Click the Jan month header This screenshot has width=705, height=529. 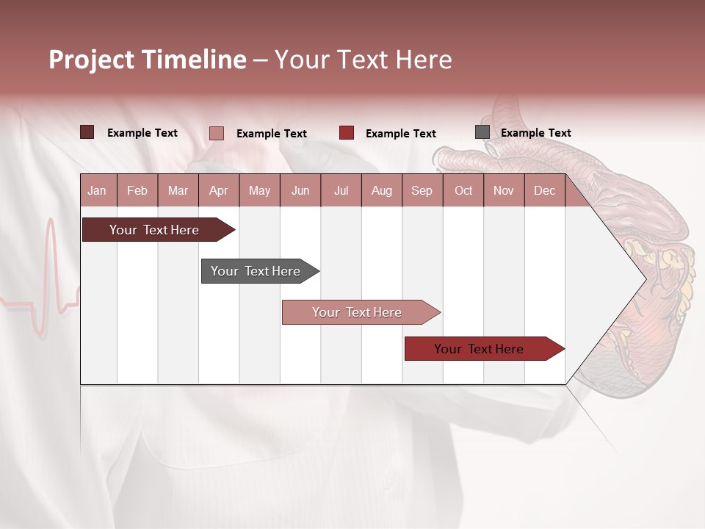97,190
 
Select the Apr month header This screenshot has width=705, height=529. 219,190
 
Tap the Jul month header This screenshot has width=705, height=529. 341,190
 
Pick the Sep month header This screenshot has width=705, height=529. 422,190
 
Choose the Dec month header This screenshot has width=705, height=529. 544,190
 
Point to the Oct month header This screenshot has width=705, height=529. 463,190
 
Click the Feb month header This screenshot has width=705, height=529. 137,190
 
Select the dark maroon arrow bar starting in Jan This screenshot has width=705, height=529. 154,230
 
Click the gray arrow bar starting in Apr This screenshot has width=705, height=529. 256,271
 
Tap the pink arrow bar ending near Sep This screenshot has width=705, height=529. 357,312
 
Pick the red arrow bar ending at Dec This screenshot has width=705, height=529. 479,349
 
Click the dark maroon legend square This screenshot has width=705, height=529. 87,132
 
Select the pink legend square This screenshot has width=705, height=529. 216,133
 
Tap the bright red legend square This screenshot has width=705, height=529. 346,133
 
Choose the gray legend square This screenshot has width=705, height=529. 482,132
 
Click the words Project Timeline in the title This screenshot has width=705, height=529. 147,60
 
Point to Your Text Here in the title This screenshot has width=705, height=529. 363,60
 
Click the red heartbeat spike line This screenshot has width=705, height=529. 51,272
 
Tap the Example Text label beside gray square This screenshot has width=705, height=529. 535,133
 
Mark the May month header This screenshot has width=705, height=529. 259,190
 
